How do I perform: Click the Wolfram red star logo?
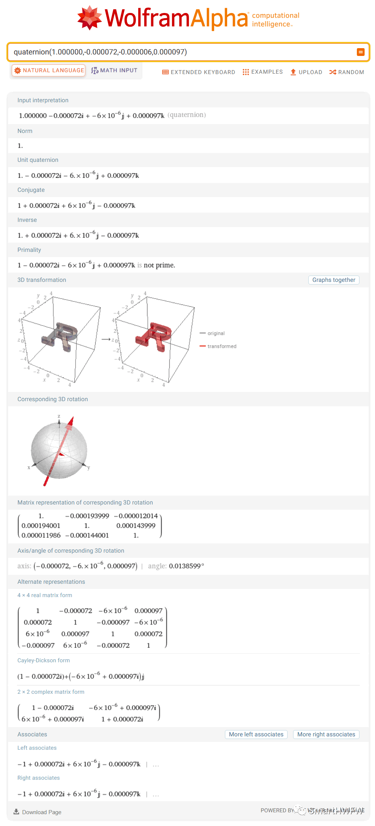(89, 17)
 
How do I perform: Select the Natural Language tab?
(49, 70)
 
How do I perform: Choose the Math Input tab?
(114, 70)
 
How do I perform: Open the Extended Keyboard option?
(199, 72)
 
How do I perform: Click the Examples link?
(263, 72)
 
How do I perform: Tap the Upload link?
(306, 72)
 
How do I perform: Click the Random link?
(347, 72)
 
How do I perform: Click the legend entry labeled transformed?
(222, 346)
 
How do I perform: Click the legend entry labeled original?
(216, 333)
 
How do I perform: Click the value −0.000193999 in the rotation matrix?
(87, 516)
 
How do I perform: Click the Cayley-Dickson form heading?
(43, 660)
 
